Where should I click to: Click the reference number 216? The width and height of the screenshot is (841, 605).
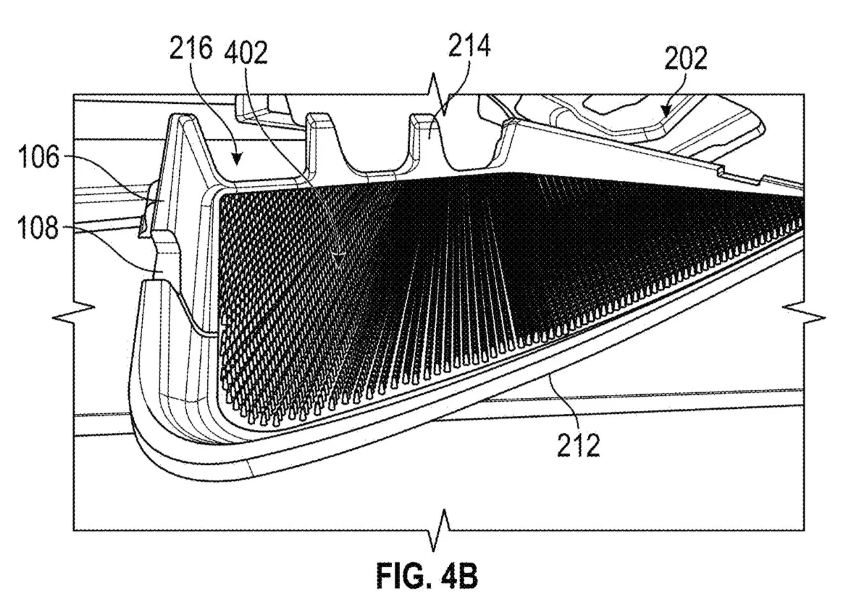point(190,49)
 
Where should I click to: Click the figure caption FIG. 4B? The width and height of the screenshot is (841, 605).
point(426,578)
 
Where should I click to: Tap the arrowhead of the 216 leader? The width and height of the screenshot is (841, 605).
point(237,162)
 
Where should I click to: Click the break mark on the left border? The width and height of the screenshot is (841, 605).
point(74,311)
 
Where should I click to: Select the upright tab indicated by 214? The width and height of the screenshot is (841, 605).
point(422,137)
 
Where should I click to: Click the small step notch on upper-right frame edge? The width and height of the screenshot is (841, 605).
point(722,171)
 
